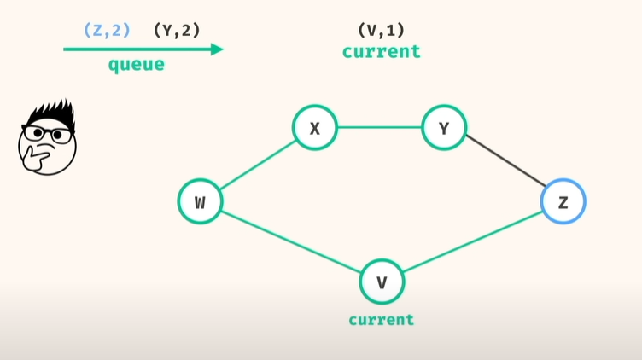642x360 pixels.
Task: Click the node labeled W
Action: coord(200,202)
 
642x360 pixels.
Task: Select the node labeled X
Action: coord(315,128)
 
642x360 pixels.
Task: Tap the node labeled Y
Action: coord(443,128)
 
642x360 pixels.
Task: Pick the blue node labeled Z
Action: coord(563,202)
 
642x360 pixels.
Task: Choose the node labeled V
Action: coord(382,282)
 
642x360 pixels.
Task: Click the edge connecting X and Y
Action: coord(379,128)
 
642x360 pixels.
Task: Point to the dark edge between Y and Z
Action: coord(504,165)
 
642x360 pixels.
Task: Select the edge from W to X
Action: coord(257,165)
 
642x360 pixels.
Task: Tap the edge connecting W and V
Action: coord(290,242)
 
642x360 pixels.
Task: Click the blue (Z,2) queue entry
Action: coord(107,30)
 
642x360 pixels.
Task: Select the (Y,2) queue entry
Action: coord(177,30)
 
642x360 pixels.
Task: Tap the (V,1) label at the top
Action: coord(381,30)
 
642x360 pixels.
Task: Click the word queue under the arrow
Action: coord(136,65)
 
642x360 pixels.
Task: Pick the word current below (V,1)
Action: coord(381,51)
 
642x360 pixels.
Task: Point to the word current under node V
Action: coord(381,320)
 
